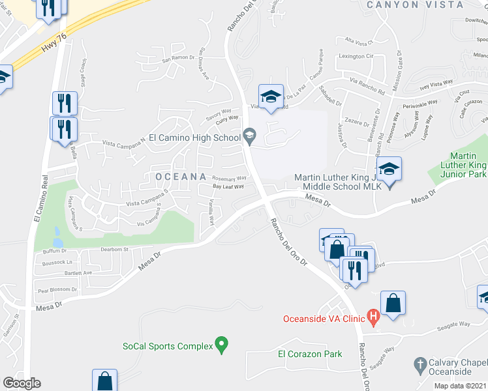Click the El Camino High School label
(x=194, y=138)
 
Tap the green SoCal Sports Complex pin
(x=222, y=343)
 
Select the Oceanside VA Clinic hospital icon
(x=373, y=318)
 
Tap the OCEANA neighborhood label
(x=181, y=177)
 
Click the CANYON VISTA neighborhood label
(x=415, y=5)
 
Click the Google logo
(x=21, y=383)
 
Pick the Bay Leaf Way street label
(x=228, y=186)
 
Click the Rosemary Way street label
(x=229, y=178)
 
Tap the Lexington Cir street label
(x=356, y=57)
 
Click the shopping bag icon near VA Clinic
(x=393, y=303)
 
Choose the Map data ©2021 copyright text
(x=461, y=386)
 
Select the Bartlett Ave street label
(x=79, y=273)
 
